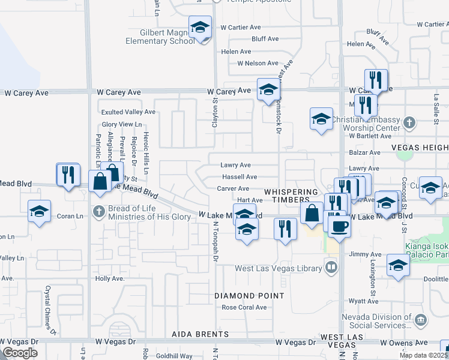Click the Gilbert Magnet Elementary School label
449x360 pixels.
160,36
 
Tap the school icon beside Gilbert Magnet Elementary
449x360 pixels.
200,27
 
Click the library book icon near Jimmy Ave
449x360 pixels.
330,266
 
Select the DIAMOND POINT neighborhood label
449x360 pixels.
250,296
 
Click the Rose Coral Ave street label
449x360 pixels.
244,307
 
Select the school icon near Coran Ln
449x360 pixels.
40,212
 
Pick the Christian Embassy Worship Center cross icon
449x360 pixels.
409,123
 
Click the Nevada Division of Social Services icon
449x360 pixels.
421,318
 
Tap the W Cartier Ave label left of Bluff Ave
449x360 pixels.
241,27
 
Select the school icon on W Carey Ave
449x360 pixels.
268,90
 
